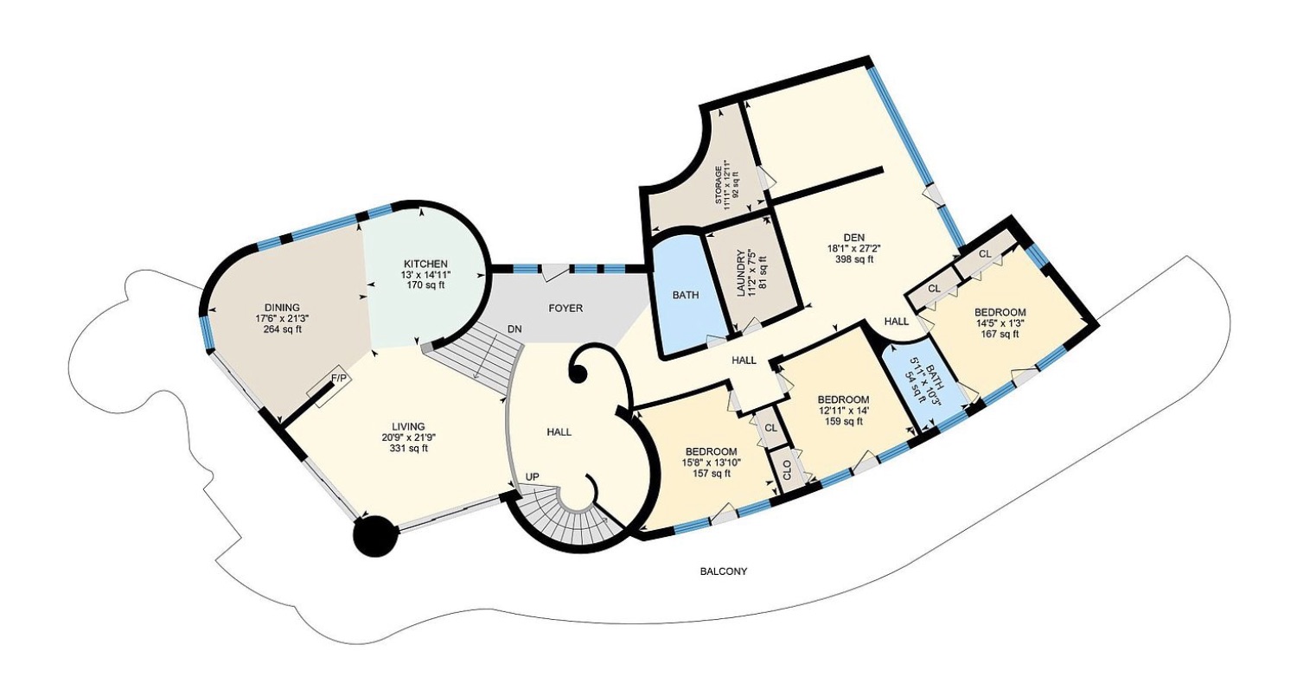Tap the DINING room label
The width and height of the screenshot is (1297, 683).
pos(282,308)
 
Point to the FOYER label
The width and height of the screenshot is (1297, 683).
pos(565,309)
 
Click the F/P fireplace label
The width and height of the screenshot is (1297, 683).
pos(339,378)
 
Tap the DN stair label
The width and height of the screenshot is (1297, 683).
pos(514,329)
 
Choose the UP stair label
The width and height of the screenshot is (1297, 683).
pos(532,476)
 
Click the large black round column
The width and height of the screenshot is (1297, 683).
pos(376,536)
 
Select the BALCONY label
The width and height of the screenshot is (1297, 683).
pos(724,571)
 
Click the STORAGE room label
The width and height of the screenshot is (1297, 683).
pos(718,185)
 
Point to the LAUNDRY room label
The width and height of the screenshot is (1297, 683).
pos(740,273)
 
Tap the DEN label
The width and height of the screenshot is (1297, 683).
pos(854,237)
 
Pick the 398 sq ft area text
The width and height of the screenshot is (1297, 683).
pos(854,259)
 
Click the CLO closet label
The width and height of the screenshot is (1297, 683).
pos(787,470)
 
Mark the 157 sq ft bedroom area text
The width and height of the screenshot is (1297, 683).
pos(711,473)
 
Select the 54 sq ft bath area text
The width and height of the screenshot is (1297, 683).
pos(921,386)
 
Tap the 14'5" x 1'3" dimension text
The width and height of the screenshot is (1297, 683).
pos(1000,322)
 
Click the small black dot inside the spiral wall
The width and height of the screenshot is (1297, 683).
pos(578,376)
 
